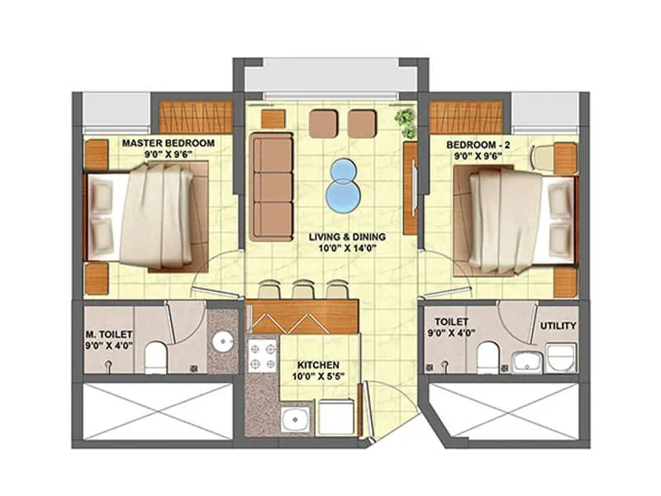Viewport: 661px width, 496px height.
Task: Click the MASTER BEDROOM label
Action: pyautogui.click(x=168, y=143)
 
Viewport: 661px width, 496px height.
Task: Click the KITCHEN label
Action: pyautogui.click(x=318, y=365)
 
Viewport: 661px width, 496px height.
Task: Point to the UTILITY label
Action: pyautogui.click(x=558, y=326)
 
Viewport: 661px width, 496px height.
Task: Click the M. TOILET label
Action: pyautogui.click(x=109, y=333)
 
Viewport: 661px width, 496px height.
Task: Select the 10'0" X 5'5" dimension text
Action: pyautogui.click(x=318, y=377)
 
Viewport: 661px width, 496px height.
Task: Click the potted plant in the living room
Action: pyautogui.click(x=405, y=122)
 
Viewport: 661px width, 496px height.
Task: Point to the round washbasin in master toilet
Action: pyautogui.click(x=222, y=341)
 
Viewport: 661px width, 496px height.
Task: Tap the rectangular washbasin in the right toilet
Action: pyautogui.click(x=525, y=360)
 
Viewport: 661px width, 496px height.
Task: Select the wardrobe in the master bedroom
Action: pyautogui.click(x=194, y=117)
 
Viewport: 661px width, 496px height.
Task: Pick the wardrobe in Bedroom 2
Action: pyautogui.click(x=467, y=117)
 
